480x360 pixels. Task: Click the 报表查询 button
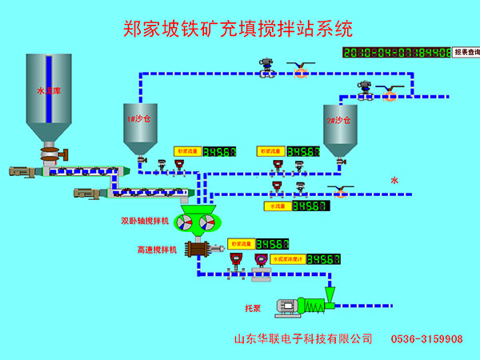[x=466, y=52]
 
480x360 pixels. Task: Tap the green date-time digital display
[x=395, y=53]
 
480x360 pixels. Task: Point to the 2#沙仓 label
[x=339, y=120]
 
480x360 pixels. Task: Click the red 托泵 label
[x=254, y=307]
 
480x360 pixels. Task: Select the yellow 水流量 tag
[x=275, y=206]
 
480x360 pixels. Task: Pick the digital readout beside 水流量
[x=310, y=206]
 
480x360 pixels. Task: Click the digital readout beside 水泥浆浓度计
[x=324, y=259]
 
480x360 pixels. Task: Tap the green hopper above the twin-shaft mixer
[x=198, y=210]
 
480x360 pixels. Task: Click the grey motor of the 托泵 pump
[x=285, y=305]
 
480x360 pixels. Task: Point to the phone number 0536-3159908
[x=426, y=339]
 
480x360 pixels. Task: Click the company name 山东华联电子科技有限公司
[x=302, y=339]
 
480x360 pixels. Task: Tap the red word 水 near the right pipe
[x=394, y=181]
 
